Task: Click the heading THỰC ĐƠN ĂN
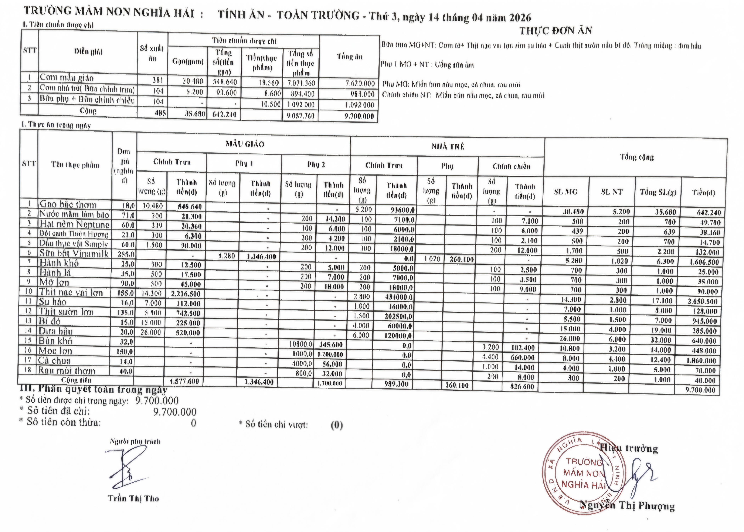click(x=555, y=31)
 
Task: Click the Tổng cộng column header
click(x=636, y=157)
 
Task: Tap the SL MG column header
click(x=566, y=192)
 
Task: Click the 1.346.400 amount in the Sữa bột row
click(x=261, y=257)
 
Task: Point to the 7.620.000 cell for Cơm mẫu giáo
click(x=360, y=84)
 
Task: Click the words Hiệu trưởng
click(x=629, y=448)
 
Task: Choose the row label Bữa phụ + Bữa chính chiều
click(x=87, y=100)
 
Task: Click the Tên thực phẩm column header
click(x=75, y=165)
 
